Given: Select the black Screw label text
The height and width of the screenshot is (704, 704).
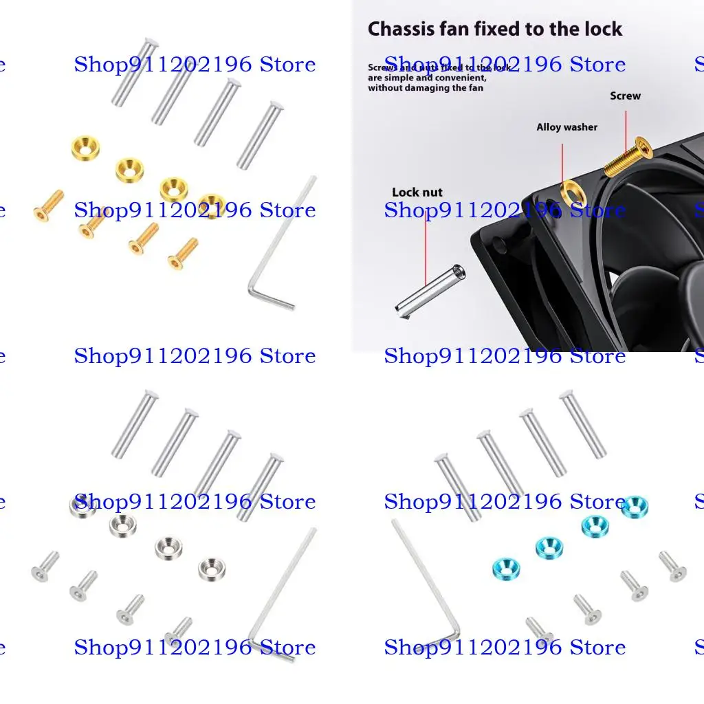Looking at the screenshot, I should point(625,96).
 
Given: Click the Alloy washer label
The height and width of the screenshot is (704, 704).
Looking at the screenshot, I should point(566,127).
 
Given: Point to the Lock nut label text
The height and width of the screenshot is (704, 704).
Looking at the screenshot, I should point(417,192).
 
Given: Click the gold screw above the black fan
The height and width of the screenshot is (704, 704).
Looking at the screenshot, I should point(628,156).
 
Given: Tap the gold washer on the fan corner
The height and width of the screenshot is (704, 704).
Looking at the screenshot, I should point(572,194).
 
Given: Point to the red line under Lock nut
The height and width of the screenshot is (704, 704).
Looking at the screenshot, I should point(426,241).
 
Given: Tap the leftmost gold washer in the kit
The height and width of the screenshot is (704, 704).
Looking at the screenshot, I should point(85,146).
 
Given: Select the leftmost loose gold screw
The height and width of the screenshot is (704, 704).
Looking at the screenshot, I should point(48,205).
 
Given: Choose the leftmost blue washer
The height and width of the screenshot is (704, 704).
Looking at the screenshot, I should point(505,568).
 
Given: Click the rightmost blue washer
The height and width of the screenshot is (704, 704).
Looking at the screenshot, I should point(634,507).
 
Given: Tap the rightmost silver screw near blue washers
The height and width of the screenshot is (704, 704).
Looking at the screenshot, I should point(672,565).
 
